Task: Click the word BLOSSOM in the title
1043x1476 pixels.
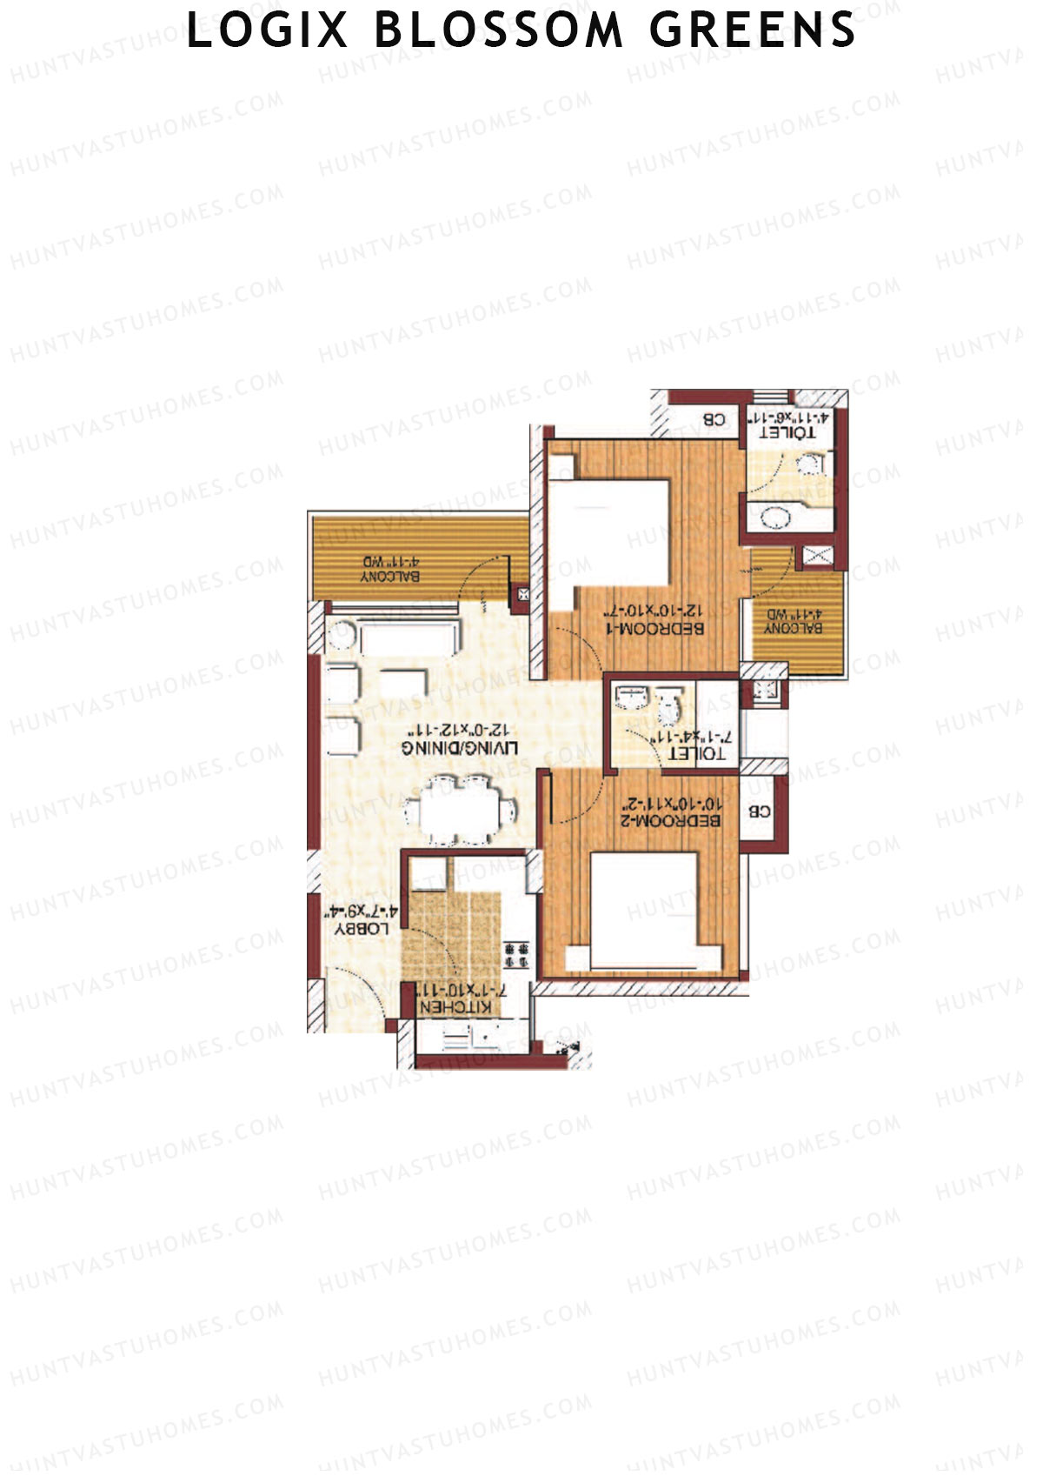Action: click(x=499, y=30)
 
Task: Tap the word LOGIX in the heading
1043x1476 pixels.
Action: click(x=268, y=30)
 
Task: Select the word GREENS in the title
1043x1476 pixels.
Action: click(x=753, y=30)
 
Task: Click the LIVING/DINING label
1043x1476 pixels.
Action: click(x=460, y=748)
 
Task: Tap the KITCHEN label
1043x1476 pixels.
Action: click(x=455, y=1006)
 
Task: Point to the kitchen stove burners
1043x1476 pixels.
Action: click(x=516, y=954)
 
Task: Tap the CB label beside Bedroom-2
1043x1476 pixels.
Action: click(x=759, y=811)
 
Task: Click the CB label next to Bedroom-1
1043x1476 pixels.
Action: click(x=714, y=419)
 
